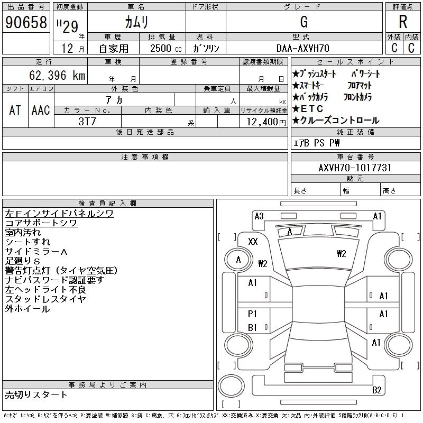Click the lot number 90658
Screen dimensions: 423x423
(25, 22)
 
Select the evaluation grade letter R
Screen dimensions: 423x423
(403, 22)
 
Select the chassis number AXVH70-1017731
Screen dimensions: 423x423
(355, 168)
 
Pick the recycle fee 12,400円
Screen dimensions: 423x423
(262, 122)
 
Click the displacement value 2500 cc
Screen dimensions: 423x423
(162, 48)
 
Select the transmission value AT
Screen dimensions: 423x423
(15, 110)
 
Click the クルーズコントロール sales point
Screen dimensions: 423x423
(338, 121)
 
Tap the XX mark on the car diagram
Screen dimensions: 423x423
(253, 241)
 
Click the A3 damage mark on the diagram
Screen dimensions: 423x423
(259, 216)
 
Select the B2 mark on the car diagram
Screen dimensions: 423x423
(376, 390)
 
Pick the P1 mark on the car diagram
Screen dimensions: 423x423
(252, 314)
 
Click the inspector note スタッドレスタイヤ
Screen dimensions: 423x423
(45, 299)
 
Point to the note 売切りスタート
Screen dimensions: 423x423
(36, 394)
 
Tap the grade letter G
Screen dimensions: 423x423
(304, 22)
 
